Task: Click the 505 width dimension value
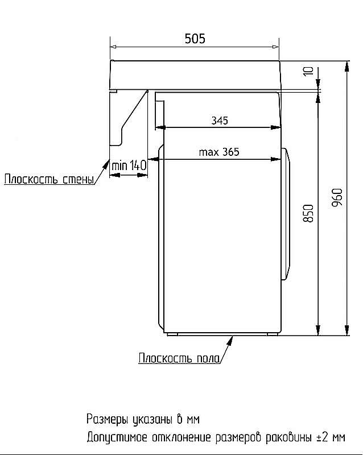tap(195, 39)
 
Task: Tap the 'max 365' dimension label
tap(219, 152)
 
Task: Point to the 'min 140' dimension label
tap(129, 166)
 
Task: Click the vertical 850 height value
tap(308, 213)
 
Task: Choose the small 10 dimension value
tap(308, 72)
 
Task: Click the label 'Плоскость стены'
tap(49, 181)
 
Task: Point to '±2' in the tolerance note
tap(323, 437)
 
